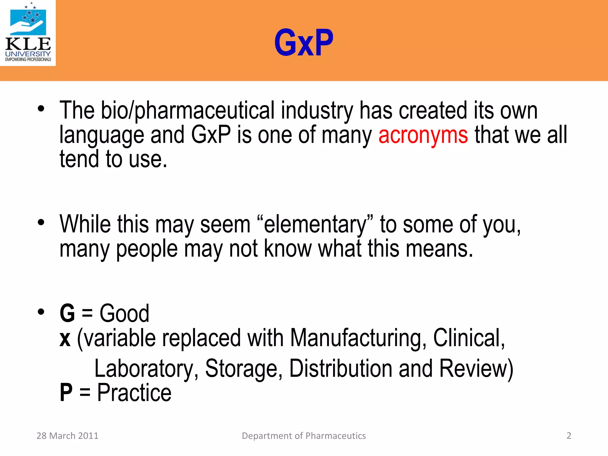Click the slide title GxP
[x=304, y=43]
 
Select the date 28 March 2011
[x=67, y=436]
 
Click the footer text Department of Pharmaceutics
[x=304, y=436]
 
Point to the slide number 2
[x=569, y=436]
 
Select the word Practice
[x=134, y=393]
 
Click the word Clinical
[x=468, y=338]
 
